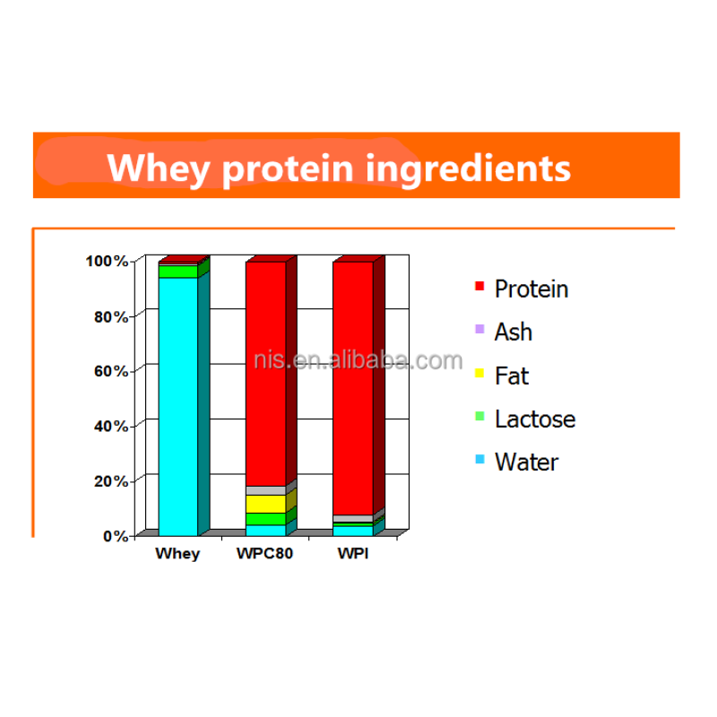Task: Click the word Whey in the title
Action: pos(160,168)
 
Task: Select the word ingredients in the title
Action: pos(467,168)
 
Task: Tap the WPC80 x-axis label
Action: pos(264,554)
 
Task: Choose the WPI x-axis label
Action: pos(352,554)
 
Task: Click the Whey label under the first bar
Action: pos(177,554)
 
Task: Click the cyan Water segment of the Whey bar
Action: pos(177,403)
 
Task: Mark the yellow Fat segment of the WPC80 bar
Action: pos(265,504)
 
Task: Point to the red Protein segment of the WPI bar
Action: pos(352,385)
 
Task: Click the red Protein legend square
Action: pos(479,288)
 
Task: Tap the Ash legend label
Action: pos(514,333)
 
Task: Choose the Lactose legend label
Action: pos(535,419)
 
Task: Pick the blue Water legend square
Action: pos(479,461)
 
